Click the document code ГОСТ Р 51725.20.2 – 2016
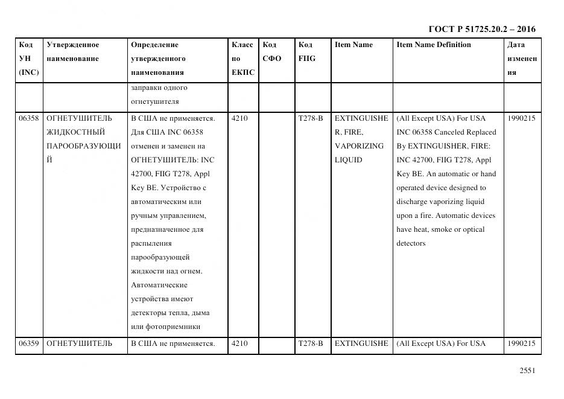pos(481,29)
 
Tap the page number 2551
pos(527,371)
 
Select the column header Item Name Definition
pos(433,45)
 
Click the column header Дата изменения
pos(522,59)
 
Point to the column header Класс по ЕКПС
pos(242,59)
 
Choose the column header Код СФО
pos(271,52)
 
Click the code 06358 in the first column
pos(28,118)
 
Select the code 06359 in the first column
pos(28,343)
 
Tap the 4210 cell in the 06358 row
pos(239,118)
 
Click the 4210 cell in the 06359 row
pos(239,343)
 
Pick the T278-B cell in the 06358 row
pos(311,118)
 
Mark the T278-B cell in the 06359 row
pos(311,343)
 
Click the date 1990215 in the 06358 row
pos(521,118)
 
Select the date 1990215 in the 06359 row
pos(521,343)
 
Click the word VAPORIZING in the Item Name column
pos(359,146)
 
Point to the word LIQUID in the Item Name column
pos(348,160)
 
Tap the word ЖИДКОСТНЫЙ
pos(76,132)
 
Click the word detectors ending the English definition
pos(411,243)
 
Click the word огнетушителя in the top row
pos(154,101)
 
